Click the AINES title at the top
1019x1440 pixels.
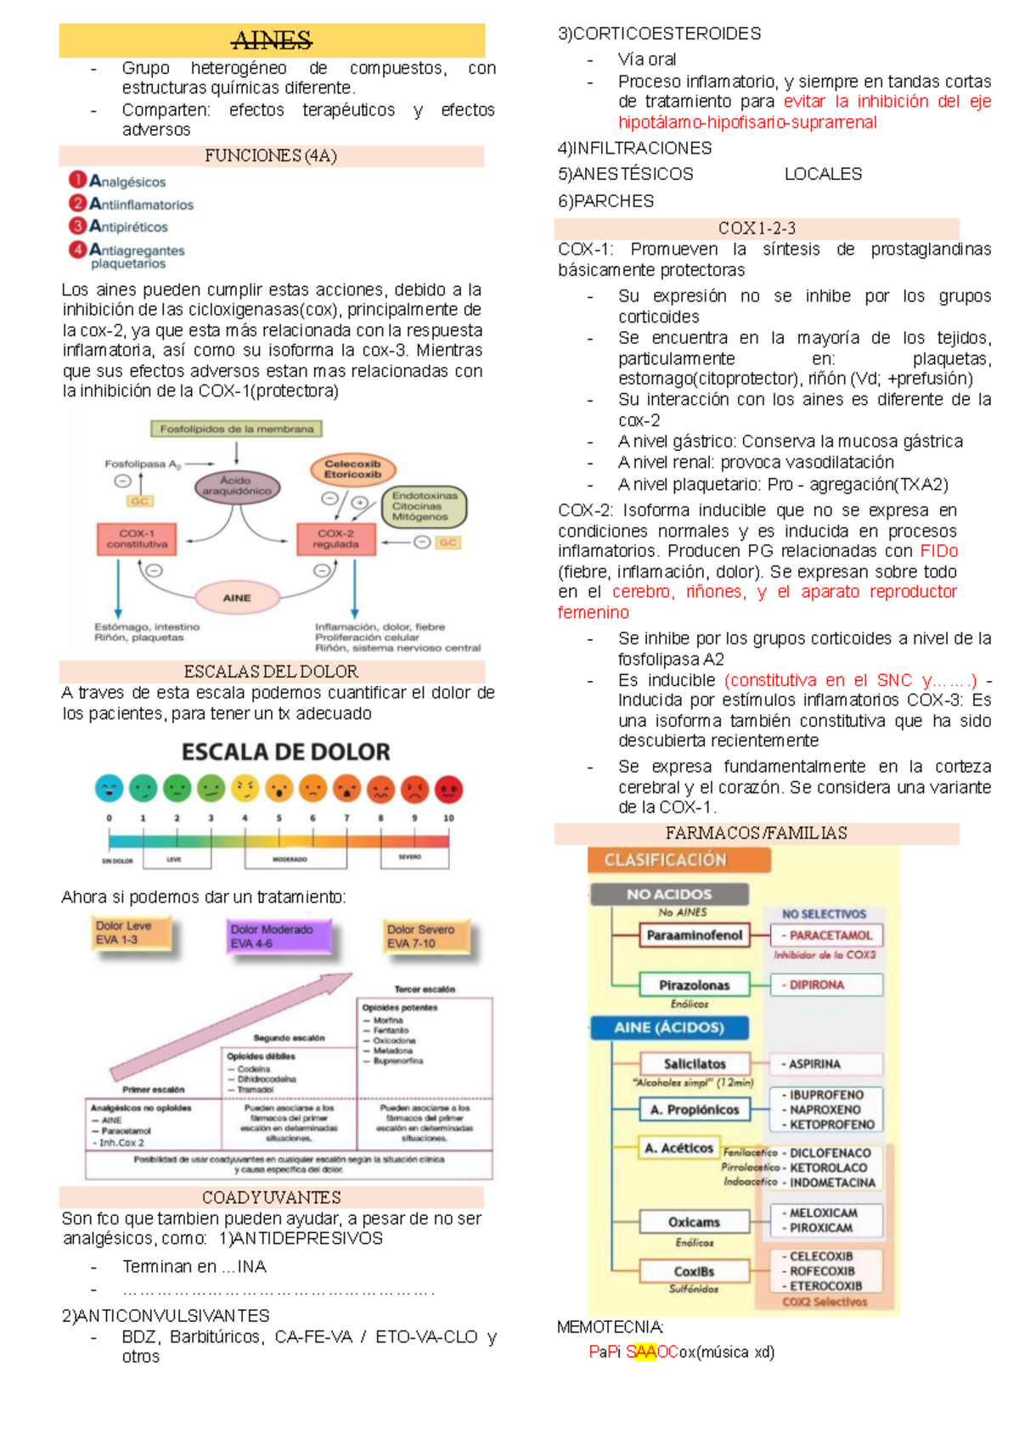[x=272, y=41]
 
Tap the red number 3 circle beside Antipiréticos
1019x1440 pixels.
[x=78, y=226]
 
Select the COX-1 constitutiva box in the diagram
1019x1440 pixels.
[x=137, y=539]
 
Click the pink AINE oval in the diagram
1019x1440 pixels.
[x=237, y=598]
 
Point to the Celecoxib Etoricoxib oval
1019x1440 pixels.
[x=352, y=470]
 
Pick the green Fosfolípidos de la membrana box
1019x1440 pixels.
[x=236, y=429]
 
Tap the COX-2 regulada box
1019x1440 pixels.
[x=335, y=539]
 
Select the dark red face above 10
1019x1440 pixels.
[x=448, y=790]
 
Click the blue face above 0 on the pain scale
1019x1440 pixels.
[x=109, y=790]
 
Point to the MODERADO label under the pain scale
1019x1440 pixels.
[x=290, y=859]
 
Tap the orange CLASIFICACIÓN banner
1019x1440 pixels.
[x=678, y=860]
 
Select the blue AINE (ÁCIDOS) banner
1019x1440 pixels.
[x=669, y=1027]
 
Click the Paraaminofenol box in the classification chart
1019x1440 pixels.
[x=694, y=936]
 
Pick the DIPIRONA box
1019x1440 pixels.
[x=825, y=985]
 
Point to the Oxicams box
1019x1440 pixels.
[x=694, y=1222]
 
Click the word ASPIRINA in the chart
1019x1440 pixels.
[x=814, y=1064]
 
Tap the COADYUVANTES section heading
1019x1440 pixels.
[x=272, y=1197]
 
